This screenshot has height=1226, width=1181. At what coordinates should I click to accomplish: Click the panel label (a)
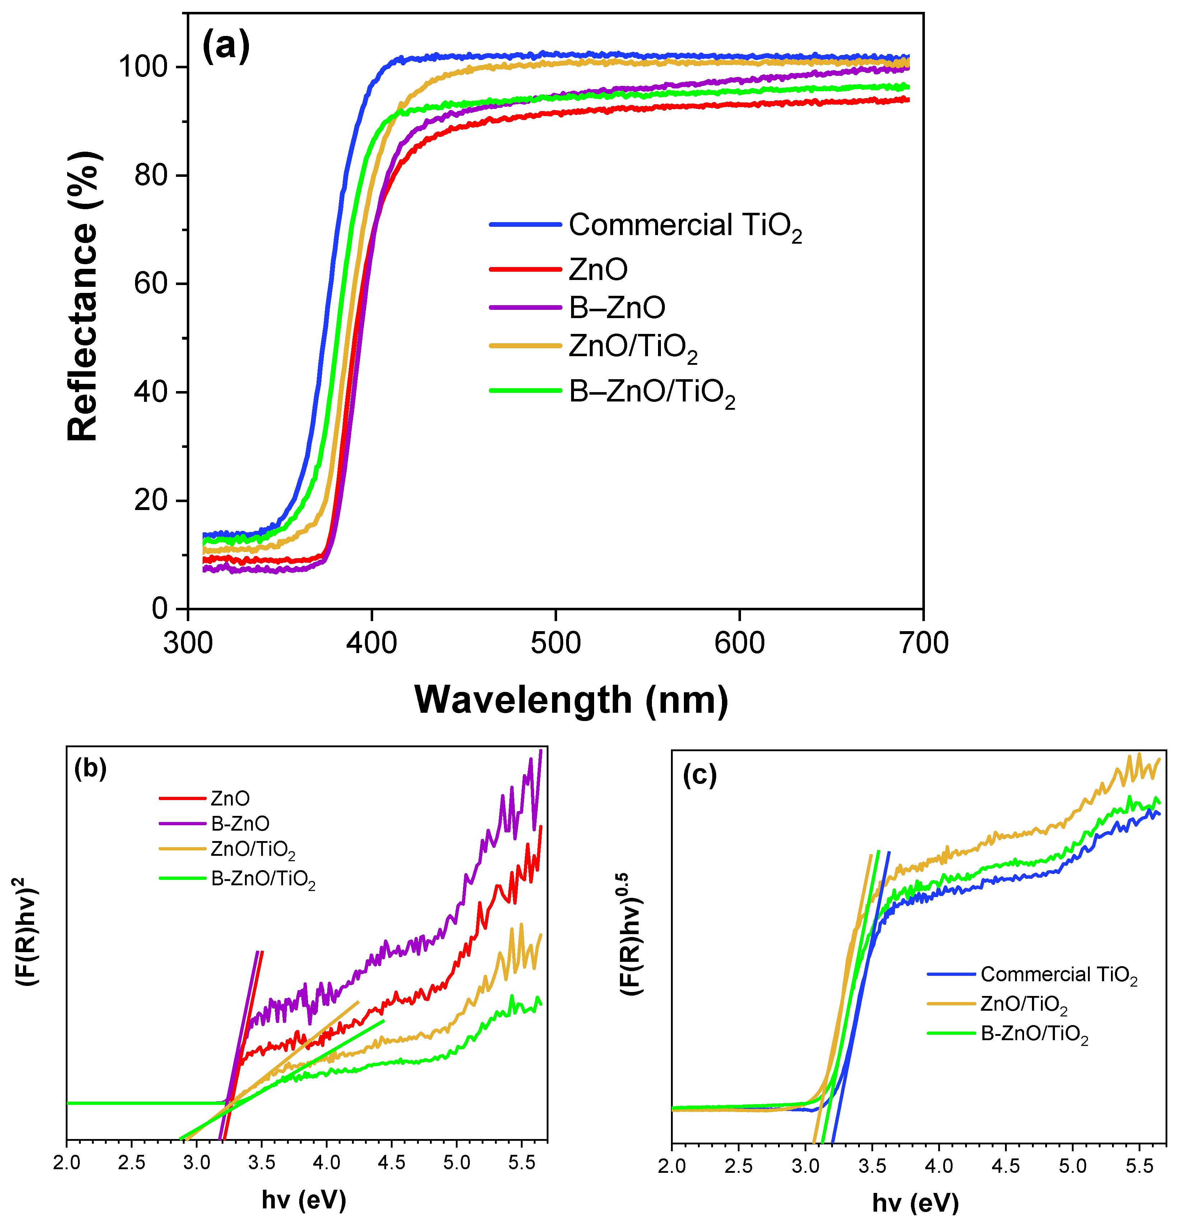[x=226, y=46]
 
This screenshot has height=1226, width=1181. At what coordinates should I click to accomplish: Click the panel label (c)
[x=699, y=776]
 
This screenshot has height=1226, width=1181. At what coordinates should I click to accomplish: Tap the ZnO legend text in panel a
[x=598, y=270]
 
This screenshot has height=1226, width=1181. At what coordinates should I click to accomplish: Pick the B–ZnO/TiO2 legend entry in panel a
[x=652, y=392]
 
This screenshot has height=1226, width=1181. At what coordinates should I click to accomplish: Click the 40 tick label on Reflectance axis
[x=150, y=392]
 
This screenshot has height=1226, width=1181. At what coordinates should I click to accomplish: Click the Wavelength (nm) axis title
[x=571, y=699]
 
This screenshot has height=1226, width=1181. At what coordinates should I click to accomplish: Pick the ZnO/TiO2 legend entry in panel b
[x=253, y=849]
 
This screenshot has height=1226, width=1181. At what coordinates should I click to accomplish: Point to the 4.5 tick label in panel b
[x=392, y=1162]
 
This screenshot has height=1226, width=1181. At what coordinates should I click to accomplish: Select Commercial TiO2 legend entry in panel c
[x=1059, y=974]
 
